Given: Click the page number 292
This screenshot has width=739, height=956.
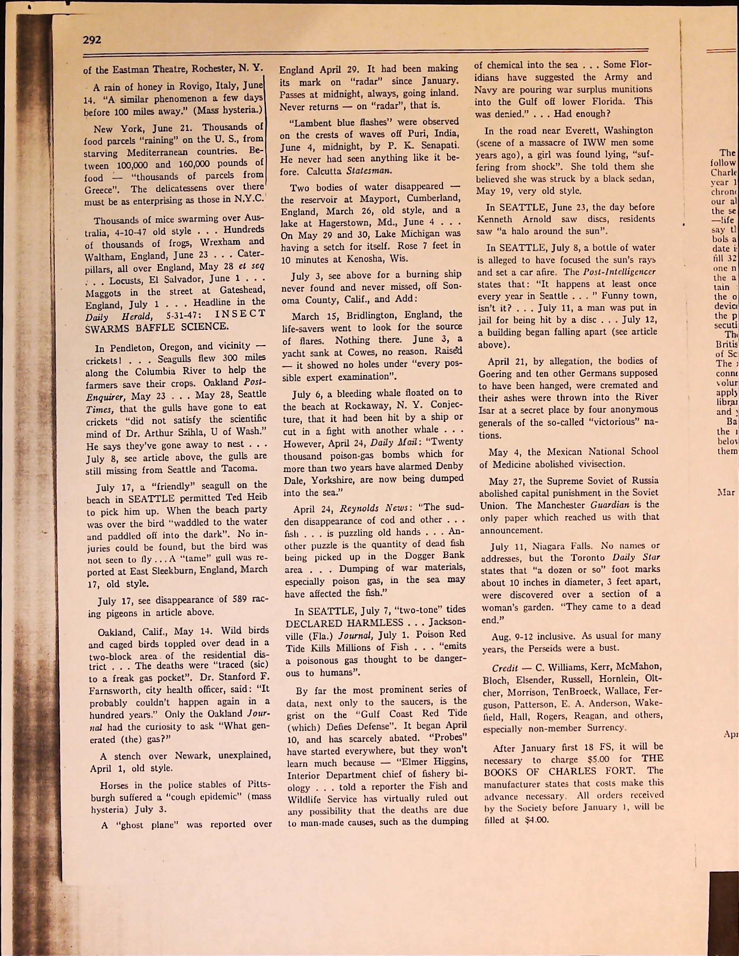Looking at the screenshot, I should [x=92, y=40].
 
